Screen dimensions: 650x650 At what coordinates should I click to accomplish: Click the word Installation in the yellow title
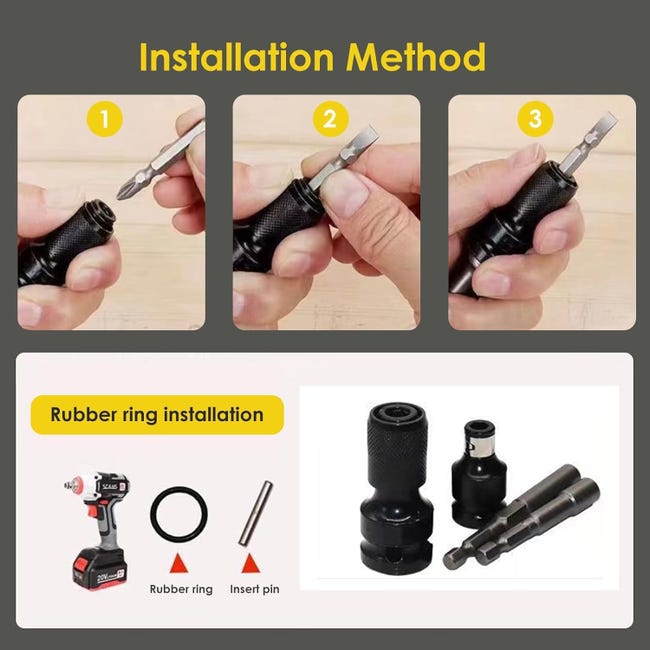[236, 56]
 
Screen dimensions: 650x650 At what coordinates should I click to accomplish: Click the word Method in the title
[415, 56]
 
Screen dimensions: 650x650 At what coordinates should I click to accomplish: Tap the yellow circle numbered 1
[104, 119]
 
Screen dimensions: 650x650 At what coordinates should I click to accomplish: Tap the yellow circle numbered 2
[330, 119]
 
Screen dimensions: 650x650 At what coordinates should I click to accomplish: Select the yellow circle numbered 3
[535, 119]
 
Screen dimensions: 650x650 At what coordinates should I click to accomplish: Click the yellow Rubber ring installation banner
[157, 415]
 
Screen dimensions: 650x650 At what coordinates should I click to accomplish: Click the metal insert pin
[255, 512]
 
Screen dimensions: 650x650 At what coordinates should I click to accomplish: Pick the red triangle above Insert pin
[250, 563]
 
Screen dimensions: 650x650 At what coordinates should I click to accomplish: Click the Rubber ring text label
[181, 589]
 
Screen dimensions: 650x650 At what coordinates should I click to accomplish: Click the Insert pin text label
[255, 589]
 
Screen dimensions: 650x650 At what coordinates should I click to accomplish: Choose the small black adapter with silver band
[478, 471]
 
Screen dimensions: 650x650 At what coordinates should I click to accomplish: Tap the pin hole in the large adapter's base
[397, 558]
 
